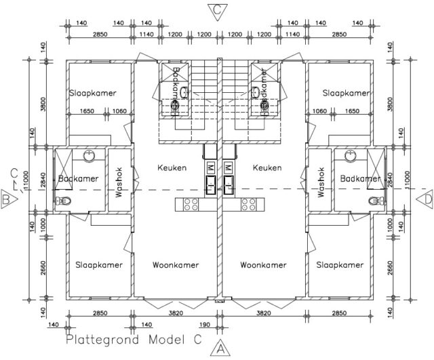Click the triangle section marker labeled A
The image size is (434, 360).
[x=218, y=349]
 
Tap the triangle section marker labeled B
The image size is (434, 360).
[x=7, y=200]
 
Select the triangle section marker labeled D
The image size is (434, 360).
[x=427, y=199]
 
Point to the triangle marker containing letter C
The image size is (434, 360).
[x=216, y=9]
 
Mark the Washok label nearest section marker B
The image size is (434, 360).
[x=118, y=182]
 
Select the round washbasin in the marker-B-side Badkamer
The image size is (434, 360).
[x=90, y=157]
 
